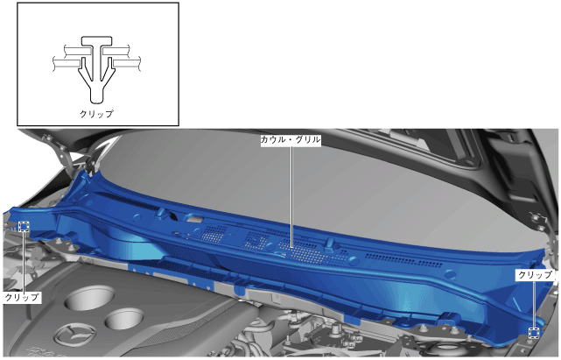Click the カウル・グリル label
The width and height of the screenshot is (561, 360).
click(291, 140)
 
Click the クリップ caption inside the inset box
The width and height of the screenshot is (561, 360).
click(96, 114)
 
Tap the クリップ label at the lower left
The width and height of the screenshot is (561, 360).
click(22, 297)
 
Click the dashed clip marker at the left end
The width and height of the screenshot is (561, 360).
click(24, 226)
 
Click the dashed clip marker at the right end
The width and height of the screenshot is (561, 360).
click(534, 333)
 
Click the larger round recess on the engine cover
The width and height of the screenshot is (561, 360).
click(89, 298)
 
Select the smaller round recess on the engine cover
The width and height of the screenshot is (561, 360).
click(124, 320)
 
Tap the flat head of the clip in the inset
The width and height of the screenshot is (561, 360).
click(97, 41)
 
